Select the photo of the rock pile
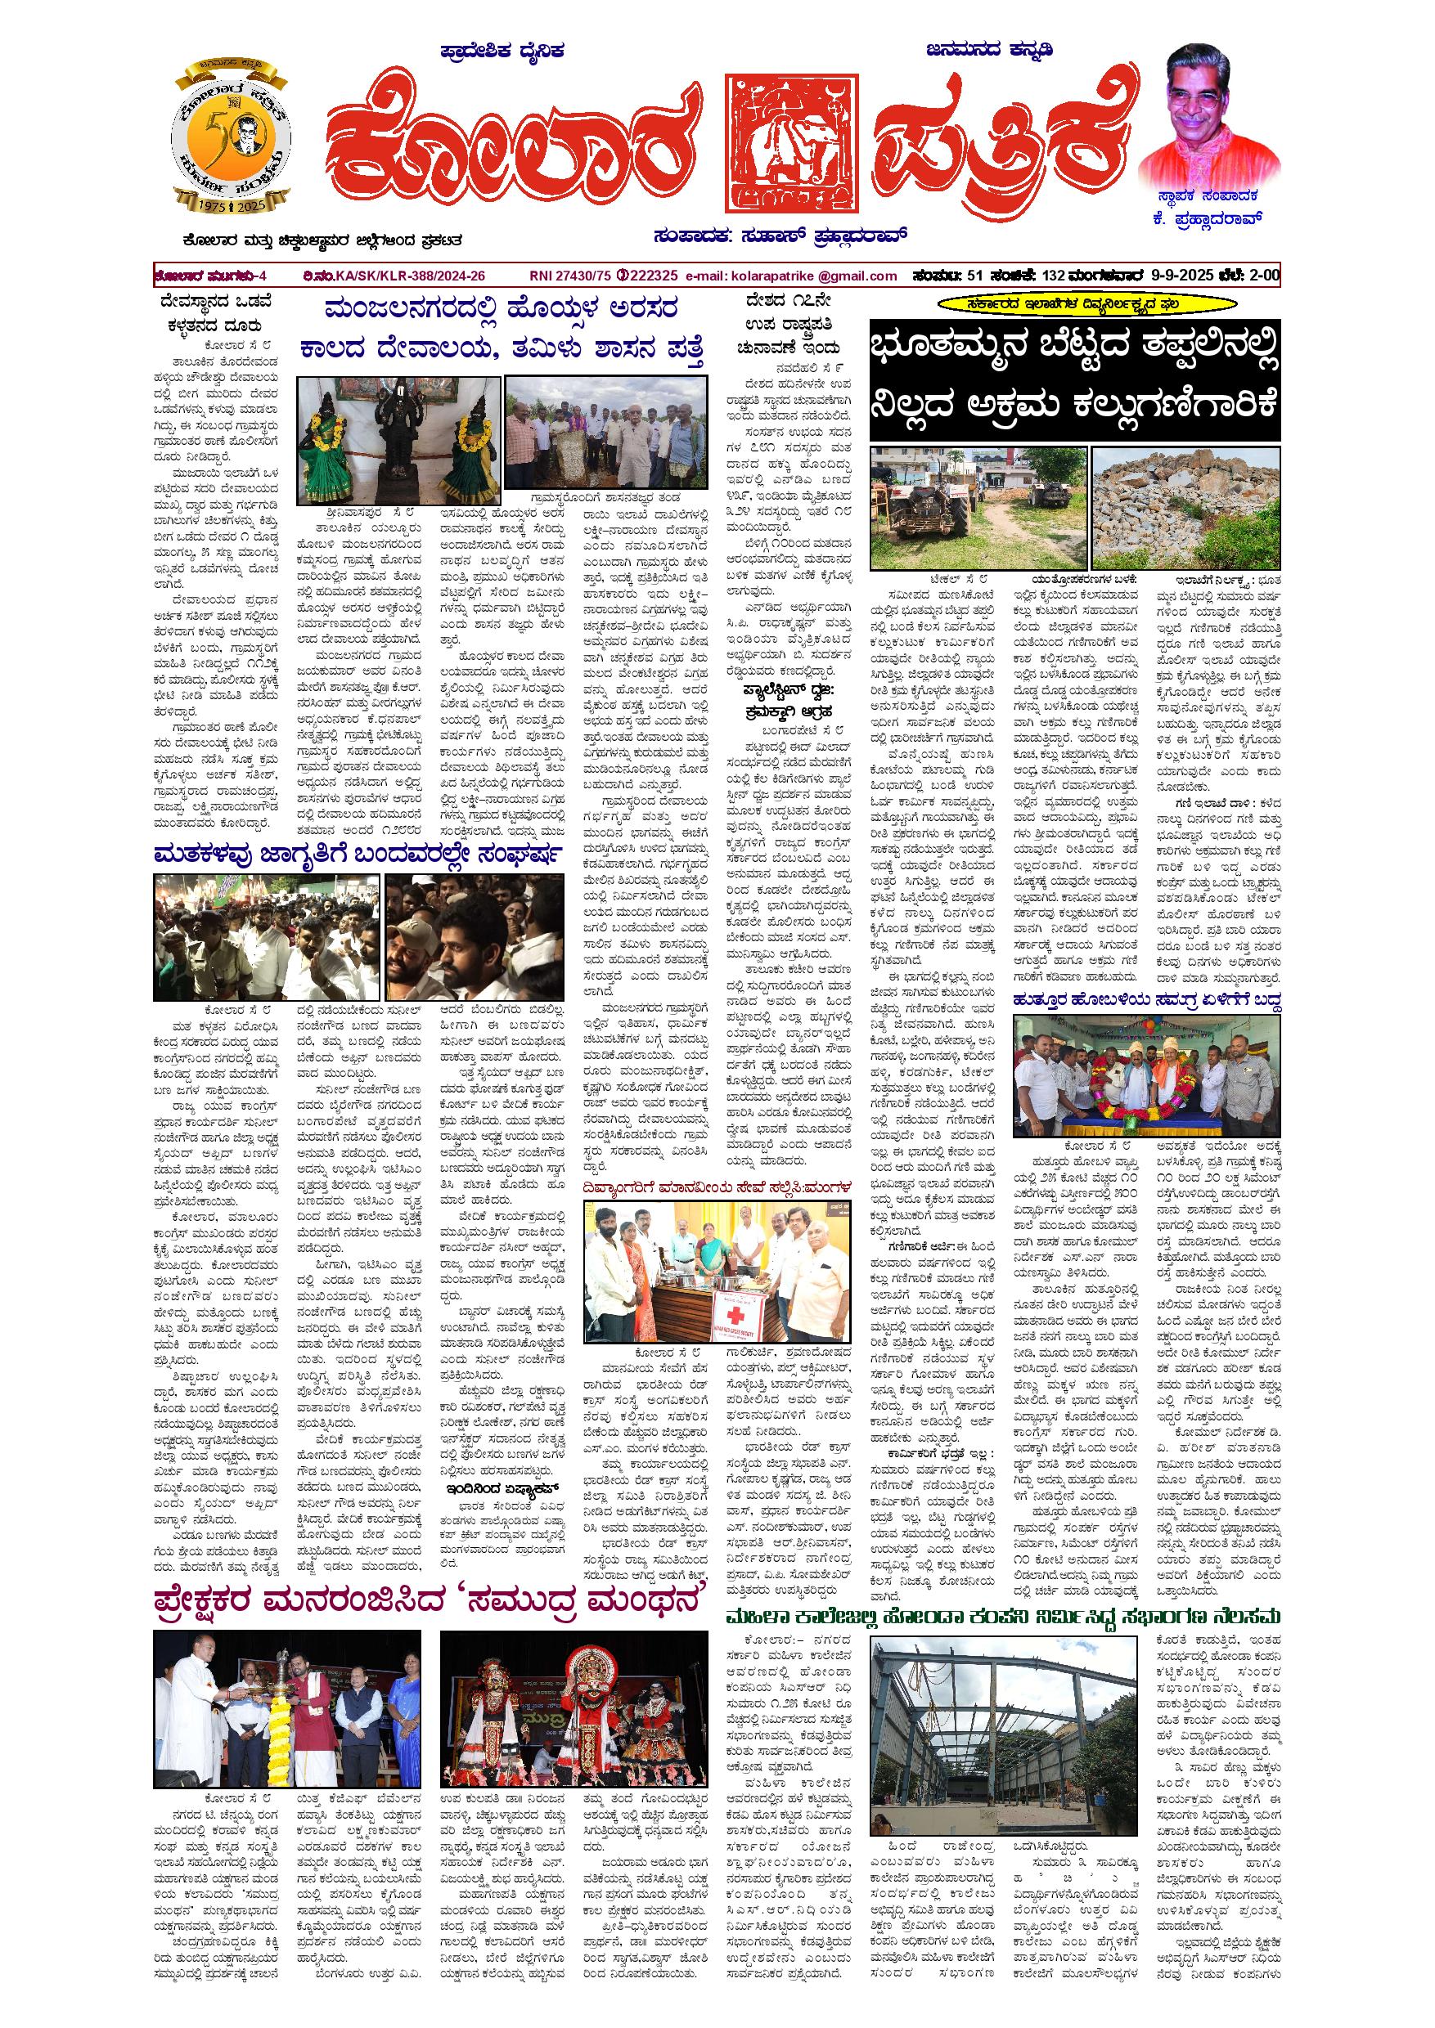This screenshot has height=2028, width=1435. point(1185,508)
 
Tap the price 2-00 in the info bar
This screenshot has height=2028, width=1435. point(1262,276)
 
